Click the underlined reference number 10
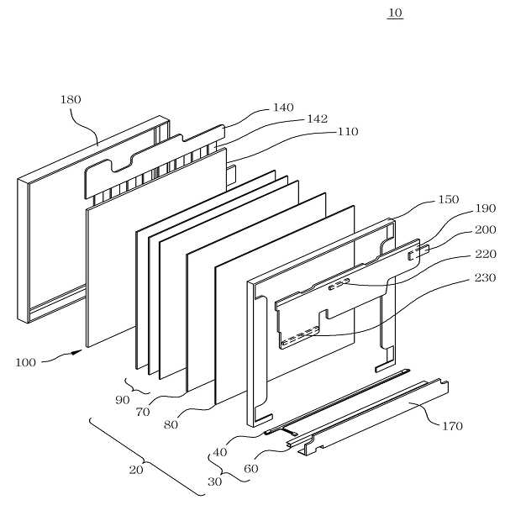(x=395, y=13)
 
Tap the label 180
(x=71, y=99)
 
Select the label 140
(x=283, y=108)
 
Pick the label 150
(x=449, y=202)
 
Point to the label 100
(x=26, y=363)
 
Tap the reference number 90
(x=124, y=400)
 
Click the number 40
(x=219, y=452)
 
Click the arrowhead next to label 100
(x=81, y=352)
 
